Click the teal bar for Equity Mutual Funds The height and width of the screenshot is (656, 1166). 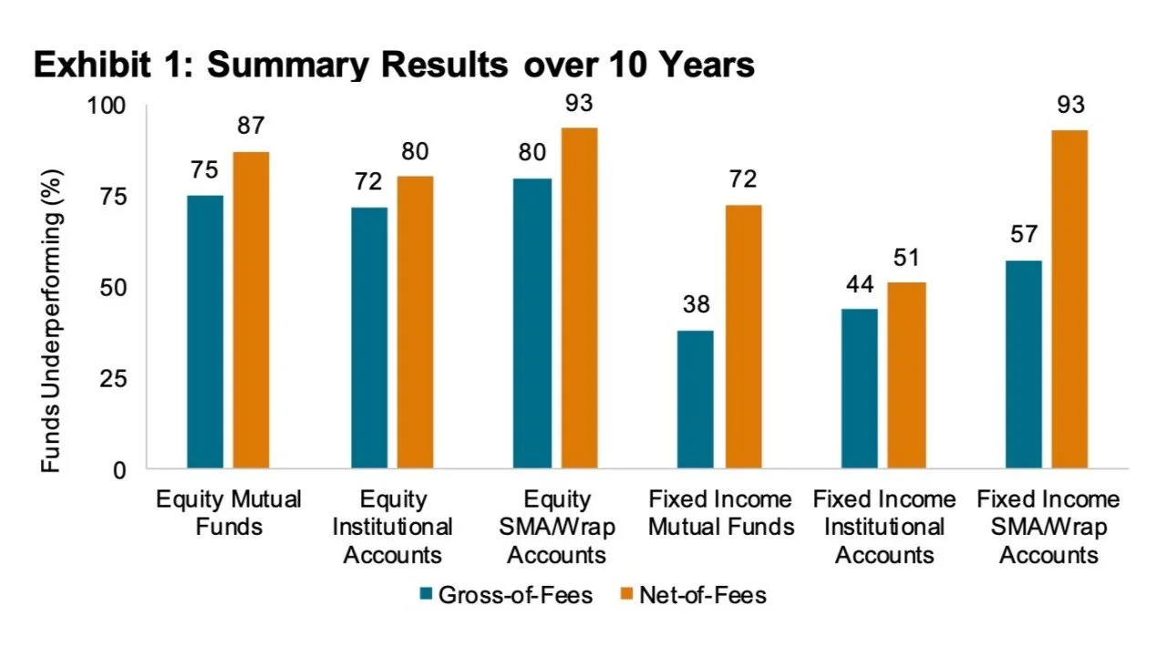[x=205, y=333]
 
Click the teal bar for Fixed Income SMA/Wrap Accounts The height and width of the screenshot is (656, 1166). [x=1023, y=364]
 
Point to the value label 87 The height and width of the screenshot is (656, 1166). [x=251, y=127]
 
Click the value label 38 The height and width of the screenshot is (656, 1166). [x=696, y=305]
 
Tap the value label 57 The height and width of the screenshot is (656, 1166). [x=1023, y=236]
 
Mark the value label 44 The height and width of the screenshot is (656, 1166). [x=859, y=284]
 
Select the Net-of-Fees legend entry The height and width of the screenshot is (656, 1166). [x=693, y=596]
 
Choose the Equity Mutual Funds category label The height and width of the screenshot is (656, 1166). [x=228, y=513]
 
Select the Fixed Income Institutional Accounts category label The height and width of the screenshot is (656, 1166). [x=883, y=527]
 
